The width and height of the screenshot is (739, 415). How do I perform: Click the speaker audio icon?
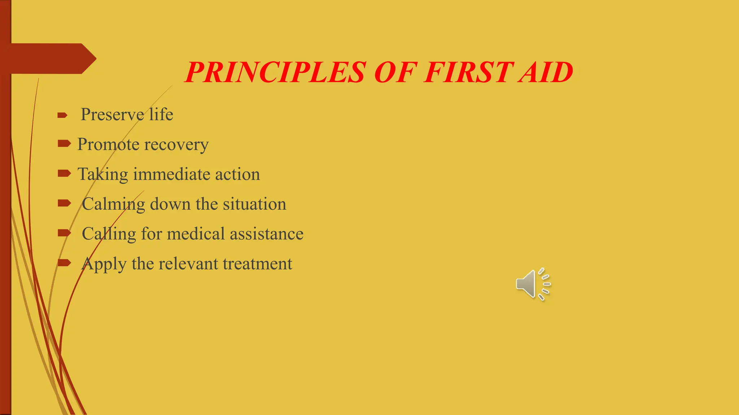pos(533,284)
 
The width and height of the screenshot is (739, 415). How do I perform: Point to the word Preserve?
pos(112,115)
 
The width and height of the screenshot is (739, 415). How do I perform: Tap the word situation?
pos(254,204)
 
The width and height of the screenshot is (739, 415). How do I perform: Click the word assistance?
pos(267,234)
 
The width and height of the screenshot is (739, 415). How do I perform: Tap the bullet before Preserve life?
pos(62,115)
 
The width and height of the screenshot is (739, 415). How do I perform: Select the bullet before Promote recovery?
pos(64,144)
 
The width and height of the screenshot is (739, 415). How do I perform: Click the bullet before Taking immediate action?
pos(64,174)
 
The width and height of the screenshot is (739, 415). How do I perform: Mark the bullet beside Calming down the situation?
pos(64,203)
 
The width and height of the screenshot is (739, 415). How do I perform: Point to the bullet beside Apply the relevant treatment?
pos(64,263)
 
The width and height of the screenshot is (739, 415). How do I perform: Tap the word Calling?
pos(109,234)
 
